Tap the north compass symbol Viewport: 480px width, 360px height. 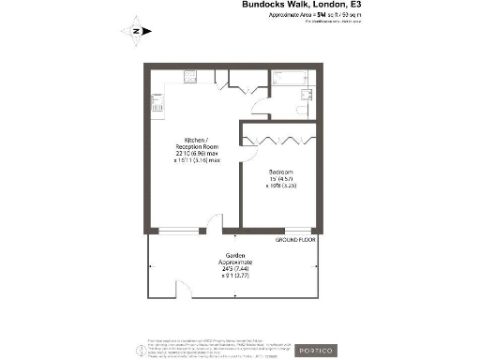tap(135, 31)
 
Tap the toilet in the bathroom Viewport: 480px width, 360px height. tap(304, 110)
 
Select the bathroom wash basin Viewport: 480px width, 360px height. tap(304, 95)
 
